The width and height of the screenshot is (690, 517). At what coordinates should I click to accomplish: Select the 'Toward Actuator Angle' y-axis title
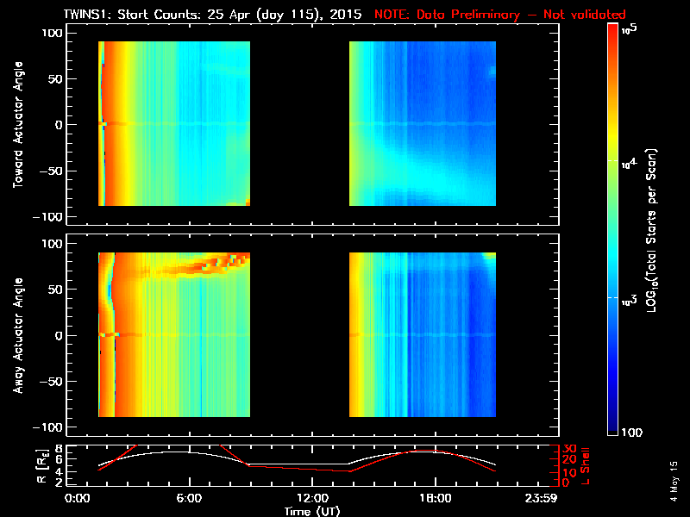(18, 124)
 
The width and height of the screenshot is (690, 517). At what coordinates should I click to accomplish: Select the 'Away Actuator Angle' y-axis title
(18, 335)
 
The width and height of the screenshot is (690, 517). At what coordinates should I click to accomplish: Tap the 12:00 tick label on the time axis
(311, 499)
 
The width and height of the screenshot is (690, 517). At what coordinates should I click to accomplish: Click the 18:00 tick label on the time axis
(434, 499)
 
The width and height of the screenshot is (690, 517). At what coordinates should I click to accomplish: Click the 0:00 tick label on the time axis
(78, 499)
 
